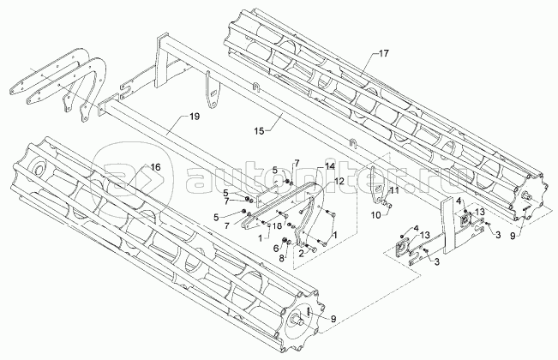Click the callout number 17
point(382,54)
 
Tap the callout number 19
point(195,116)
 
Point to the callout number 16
point(156,165)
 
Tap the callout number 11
point(394,189)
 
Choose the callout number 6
point(277,247)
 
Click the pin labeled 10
point(388,206)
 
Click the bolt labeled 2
point(305,249)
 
